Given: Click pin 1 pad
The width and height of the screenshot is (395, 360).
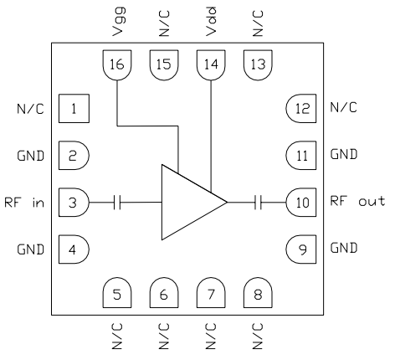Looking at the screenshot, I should point(74,108).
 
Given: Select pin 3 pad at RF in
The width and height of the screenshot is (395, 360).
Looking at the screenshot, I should point(74,201).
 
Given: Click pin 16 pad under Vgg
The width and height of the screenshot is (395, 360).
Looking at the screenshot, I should point(115,63).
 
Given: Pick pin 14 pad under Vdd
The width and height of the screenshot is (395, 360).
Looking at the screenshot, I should point(209,63).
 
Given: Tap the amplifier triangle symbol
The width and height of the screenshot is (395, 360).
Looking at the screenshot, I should point(189,201).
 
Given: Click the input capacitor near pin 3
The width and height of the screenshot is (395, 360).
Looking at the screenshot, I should point(118,201).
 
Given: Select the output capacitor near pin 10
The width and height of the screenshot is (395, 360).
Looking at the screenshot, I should point(259,201).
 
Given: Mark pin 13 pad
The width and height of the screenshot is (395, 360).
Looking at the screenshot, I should point(256,63).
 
